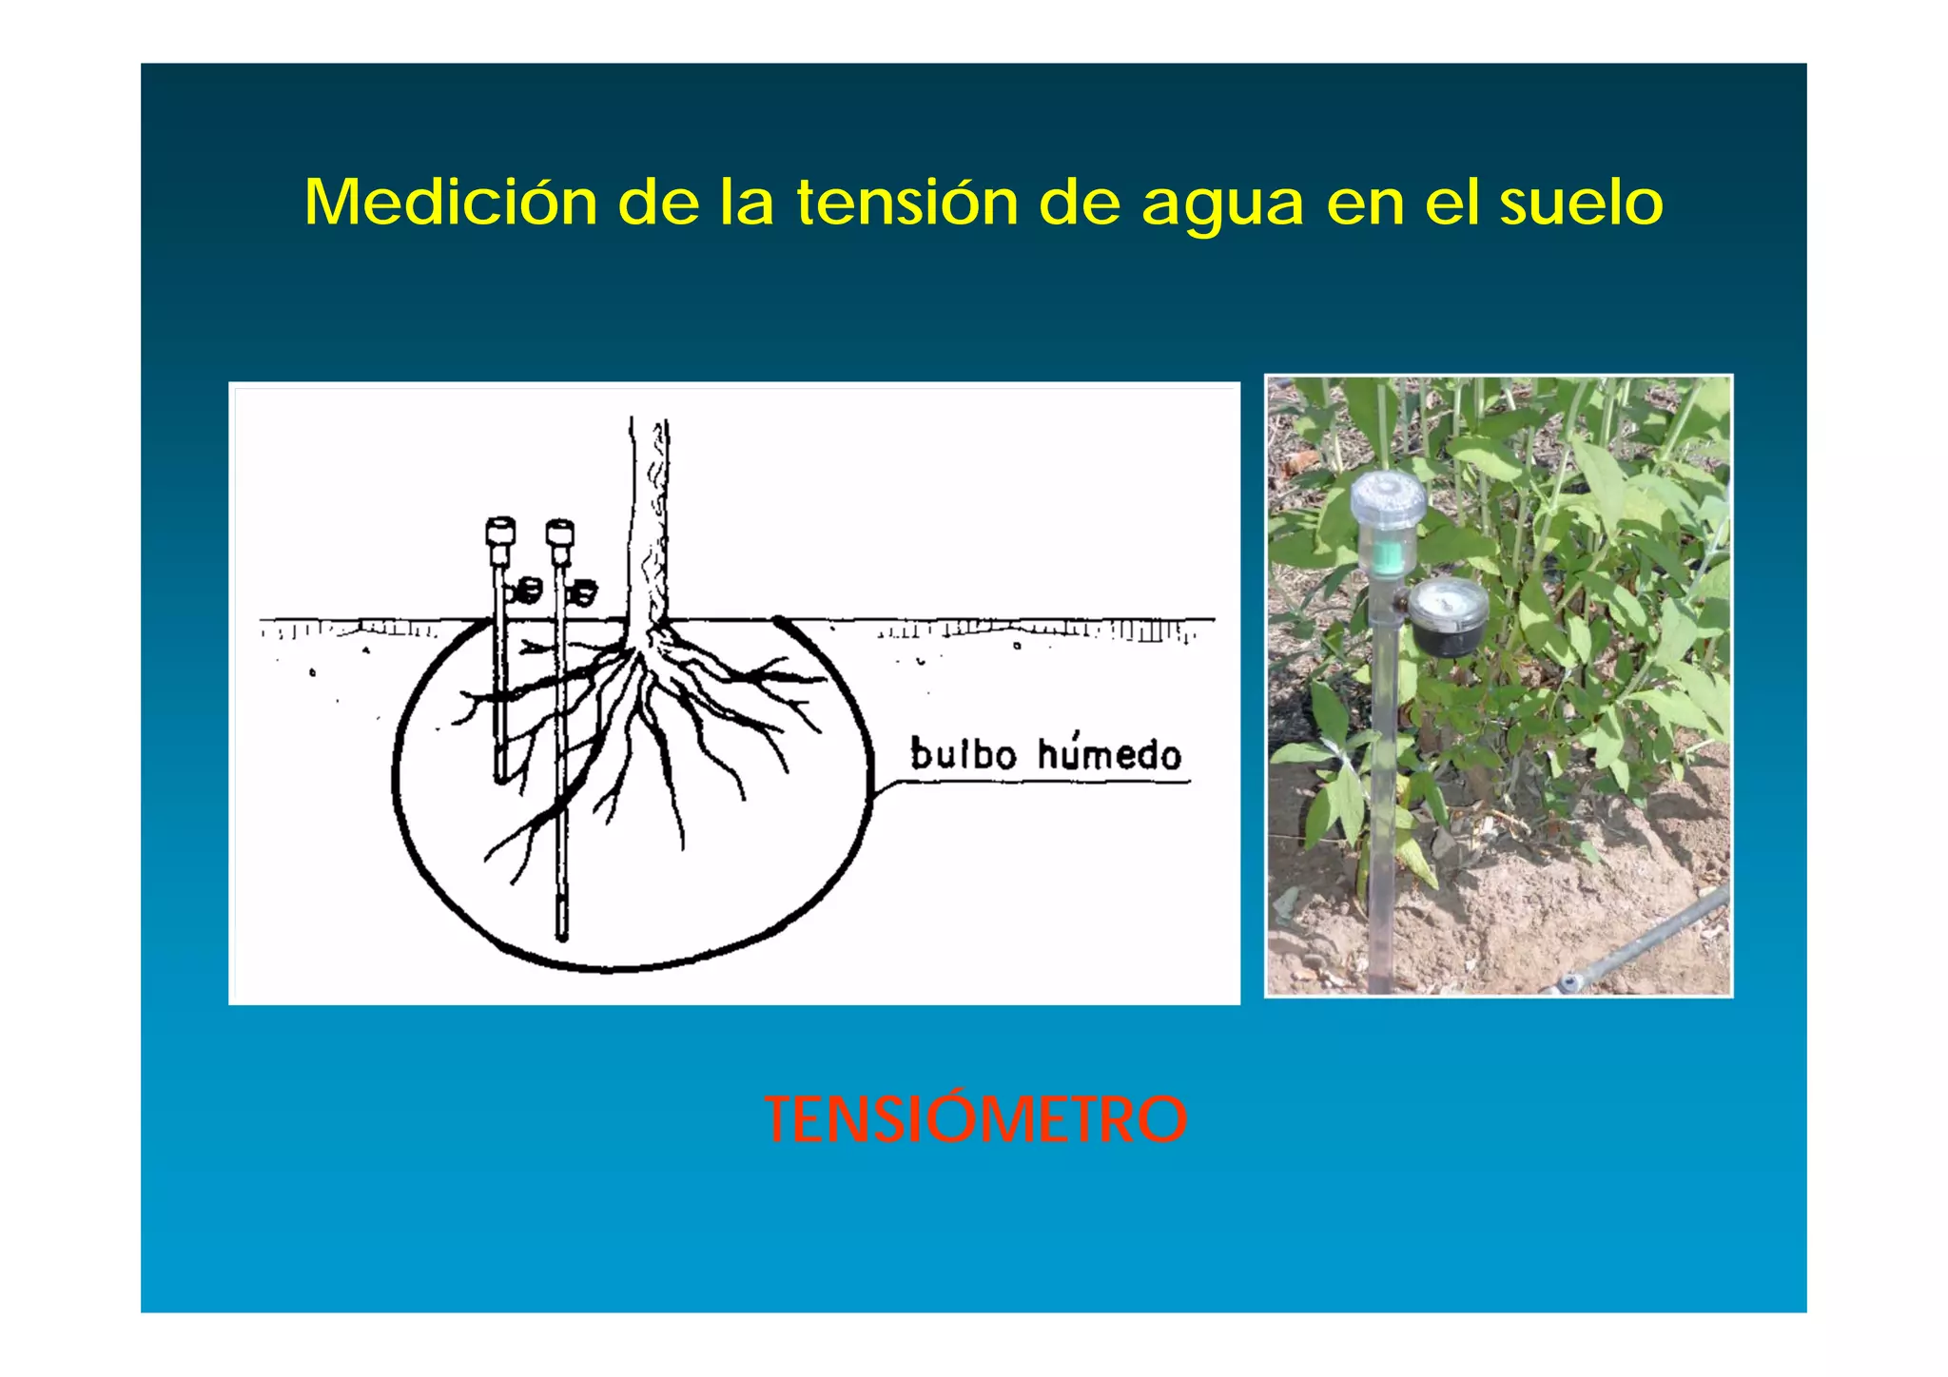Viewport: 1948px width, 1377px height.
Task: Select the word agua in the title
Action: coord(1221,204)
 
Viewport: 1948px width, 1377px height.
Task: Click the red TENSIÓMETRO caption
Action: coord(976,1119)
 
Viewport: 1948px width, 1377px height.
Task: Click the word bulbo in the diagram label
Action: coord(963,753)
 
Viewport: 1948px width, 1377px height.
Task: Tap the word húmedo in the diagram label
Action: coord(1109,753)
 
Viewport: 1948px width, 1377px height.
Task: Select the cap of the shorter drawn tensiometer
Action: coord(500,532)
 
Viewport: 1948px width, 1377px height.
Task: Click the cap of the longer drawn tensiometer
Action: coord(560,533)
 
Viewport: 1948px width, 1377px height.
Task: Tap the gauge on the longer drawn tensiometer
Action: coord(584,592)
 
